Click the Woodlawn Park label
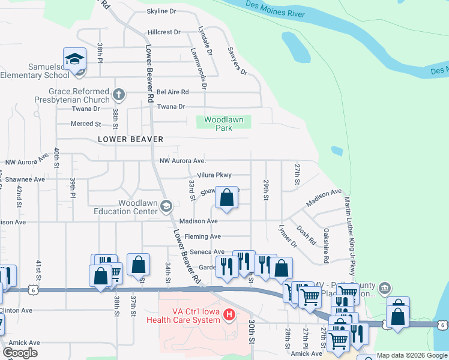click(x=223, y=124)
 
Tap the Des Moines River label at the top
click(x=275, y=9)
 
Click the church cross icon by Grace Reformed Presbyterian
click(x=119, y=94)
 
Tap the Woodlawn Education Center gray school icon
click(x=166, y=207)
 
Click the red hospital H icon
click(x=228, y=314)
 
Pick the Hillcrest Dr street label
click(x=163, y=32)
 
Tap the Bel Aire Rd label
click(x=173, y=92)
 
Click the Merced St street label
click(x=86, y=124)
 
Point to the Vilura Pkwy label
click(x=214, y=175)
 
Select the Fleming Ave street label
click(x=203, y=237)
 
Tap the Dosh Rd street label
click(x=306, y=235)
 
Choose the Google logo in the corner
click(x=20, y=353)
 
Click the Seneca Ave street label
click(x=207, y=252)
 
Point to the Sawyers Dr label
click(x=237, y=61)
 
